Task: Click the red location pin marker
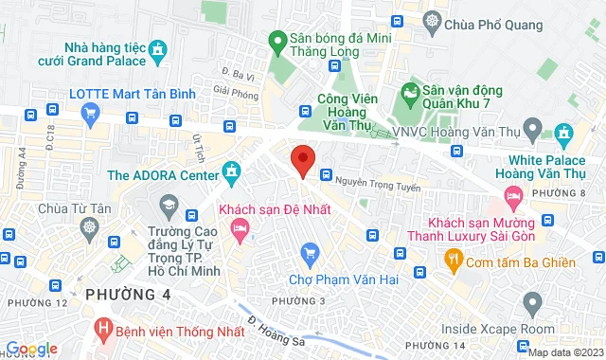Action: [302, 161]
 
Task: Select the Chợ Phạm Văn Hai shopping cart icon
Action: [310, 252]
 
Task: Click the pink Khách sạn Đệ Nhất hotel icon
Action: [240, 227]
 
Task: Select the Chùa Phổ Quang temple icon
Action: [433, 21]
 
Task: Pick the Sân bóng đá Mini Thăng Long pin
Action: [277, 41]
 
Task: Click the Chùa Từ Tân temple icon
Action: [90, 227]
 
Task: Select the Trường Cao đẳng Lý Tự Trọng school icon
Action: [168, 205]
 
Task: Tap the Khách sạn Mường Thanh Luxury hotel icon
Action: [515, 198]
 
